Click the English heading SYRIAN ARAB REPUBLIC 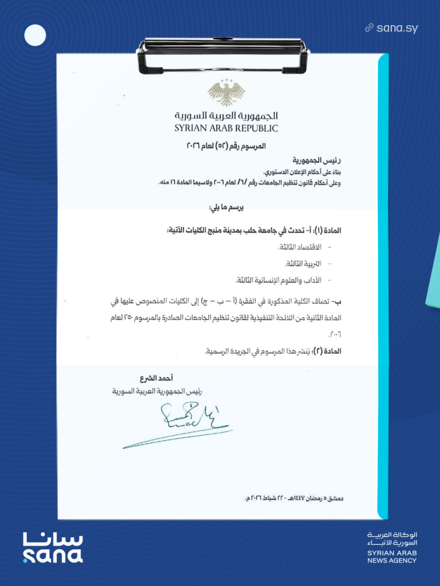[226, 129]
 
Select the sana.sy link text [397, 27]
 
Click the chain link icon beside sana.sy [370, 27]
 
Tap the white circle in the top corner [35, 35]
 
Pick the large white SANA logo [53, 548]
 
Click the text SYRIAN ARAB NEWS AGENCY [392, 556]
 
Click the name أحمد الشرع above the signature [156, 379]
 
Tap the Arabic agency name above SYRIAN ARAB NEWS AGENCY [393, 538]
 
